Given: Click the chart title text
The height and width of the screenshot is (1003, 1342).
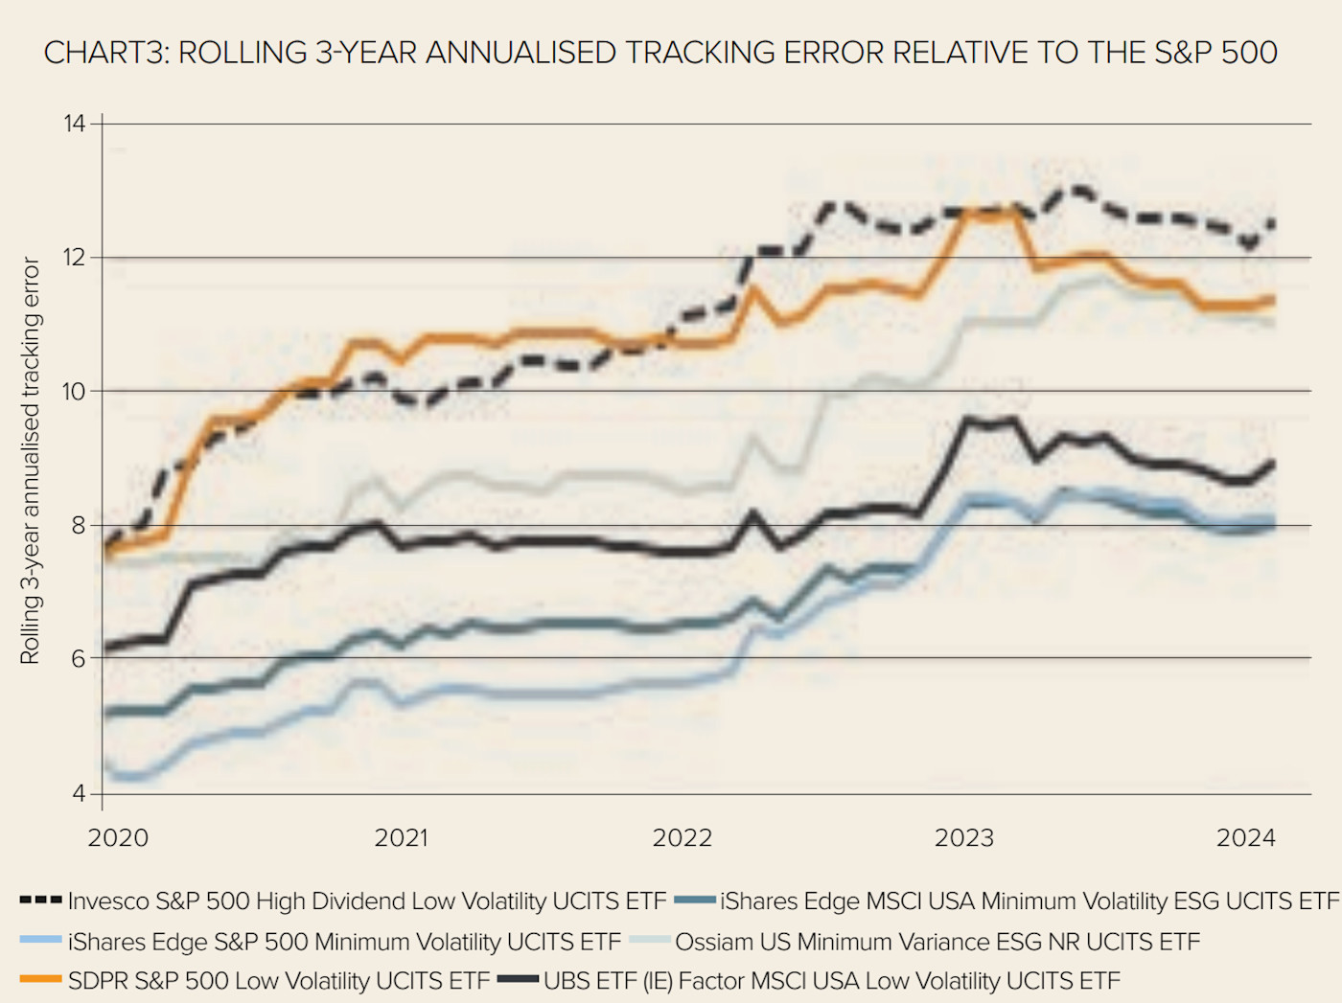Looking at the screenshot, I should (x=659, y=53).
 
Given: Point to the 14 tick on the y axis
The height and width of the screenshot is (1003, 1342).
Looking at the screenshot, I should (x=75, y=124).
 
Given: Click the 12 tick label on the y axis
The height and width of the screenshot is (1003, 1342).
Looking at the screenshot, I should (x=75, y=258).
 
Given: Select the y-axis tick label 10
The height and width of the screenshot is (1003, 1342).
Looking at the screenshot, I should (x=75, y=391).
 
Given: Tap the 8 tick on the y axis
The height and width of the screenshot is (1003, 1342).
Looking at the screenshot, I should (x=78, y=525).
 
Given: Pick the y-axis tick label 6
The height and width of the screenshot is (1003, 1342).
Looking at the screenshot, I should (x=78, y=658).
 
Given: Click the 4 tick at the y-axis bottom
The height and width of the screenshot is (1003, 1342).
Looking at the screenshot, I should (x=78, y=793).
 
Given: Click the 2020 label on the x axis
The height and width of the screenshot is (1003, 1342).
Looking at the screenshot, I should (x=118, y=838).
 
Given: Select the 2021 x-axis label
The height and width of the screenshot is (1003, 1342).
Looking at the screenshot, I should (x=401, y=838).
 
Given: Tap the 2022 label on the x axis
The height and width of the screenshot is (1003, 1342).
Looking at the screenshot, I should (x=683, y=838).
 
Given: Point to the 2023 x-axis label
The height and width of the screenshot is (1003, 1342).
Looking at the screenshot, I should (x=964, y=838).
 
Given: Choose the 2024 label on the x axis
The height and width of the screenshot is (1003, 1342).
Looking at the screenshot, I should (x=1246, y=838).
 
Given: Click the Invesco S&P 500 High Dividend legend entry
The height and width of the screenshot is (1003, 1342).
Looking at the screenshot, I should (x=366, y=901).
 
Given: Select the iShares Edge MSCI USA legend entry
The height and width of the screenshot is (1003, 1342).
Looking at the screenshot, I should (x=1029, y=901).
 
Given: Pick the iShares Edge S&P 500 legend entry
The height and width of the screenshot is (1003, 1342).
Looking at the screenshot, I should (x=344, y=942).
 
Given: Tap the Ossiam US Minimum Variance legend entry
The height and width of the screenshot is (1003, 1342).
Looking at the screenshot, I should (x=937, y=942).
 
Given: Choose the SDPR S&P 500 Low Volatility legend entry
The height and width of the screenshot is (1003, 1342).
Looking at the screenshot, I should (x=278, y=981).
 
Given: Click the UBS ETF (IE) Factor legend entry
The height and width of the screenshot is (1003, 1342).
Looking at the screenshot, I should (x=831, y=981).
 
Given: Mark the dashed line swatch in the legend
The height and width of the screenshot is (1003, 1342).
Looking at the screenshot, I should (x=40, y=900).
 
